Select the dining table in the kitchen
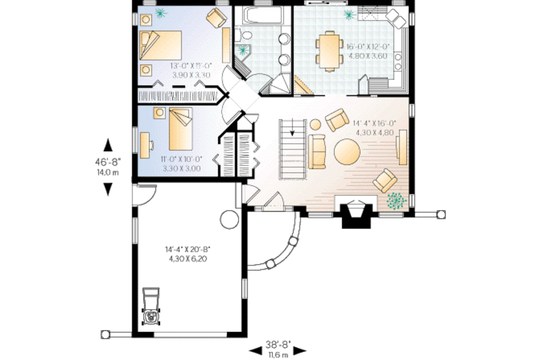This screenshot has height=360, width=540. (x=329, y=51)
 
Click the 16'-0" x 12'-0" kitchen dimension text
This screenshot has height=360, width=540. (x=368, y=51)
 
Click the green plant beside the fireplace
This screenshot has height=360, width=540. (x=396, y=201)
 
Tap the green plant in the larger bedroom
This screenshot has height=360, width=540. (x=161, y=13)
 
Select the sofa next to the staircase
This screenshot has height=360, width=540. (x=317, y=151)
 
